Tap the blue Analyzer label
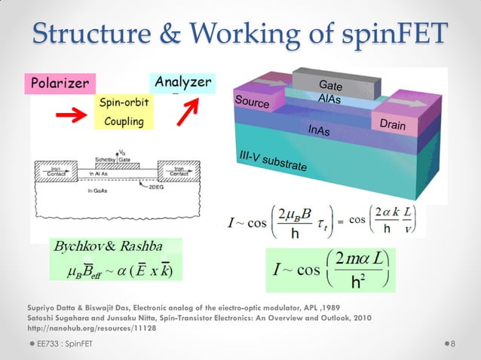(x=182, y=81)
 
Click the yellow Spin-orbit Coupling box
(x=124, y=111)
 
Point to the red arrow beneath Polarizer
(x=66, y=113)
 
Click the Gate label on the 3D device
(x=331, y=84)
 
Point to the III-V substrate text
(x=272, y=160)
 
